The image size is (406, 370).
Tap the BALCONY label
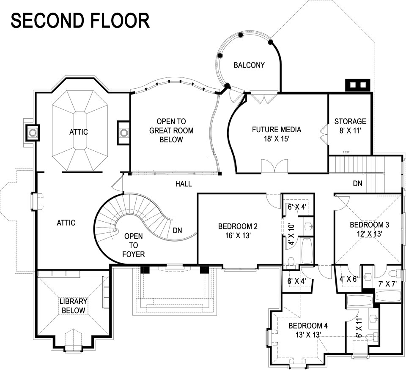point(249,65)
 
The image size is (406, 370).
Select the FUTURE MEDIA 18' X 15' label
point(277,134)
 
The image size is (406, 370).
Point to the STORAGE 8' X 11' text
point(350,126)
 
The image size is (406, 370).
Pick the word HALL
point(184,184)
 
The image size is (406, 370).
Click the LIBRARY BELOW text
point(73,306)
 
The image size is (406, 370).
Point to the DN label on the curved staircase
point(178,231)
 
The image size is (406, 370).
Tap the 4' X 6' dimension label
point(348,279)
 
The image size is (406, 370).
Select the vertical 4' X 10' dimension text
point(291,234)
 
